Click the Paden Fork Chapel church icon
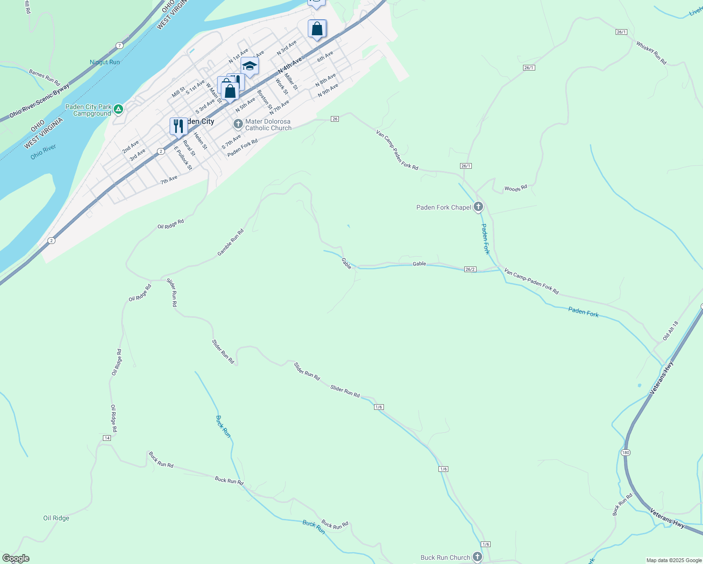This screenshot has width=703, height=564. pos(478,207)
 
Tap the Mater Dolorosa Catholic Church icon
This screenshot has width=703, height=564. pos(238,124)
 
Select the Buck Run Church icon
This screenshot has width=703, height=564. pos(477,557)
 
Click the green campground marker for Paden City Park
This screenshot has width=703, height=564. pos(118,110)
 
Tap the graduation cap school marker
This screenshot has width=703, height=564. pos(250,66)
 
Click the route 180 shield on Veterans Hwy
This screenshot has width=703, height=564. pos(625,453)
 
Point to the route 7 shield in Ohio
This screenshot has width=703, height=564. pos(120,46)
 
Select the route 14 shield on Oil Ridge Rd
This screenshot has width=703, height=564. pos(107,438)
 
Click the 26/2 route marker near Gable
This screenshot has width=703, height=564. pos(470,269)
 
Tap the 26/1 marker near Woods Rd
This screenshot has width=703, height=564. pos(466,166)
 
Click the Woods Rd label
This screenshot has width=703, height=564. pos(516,188)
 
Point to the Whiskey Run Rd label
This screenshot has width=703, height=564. pos(651,53)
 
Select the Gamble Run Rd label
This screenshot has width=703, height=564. pos(231,243)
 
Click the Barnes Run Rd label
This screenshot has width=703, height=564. pos(45,77)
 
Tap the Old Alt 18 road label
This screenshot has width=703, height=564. pos(671,331)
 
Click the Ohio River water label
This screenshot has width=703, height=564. pos(43,152)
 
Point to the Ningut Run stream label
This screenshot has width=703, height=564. pos(105,62)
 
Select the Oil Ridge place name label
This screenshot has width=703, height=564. pos(56,518)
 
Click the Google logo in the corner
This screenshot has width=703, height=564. pos(16,558)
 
